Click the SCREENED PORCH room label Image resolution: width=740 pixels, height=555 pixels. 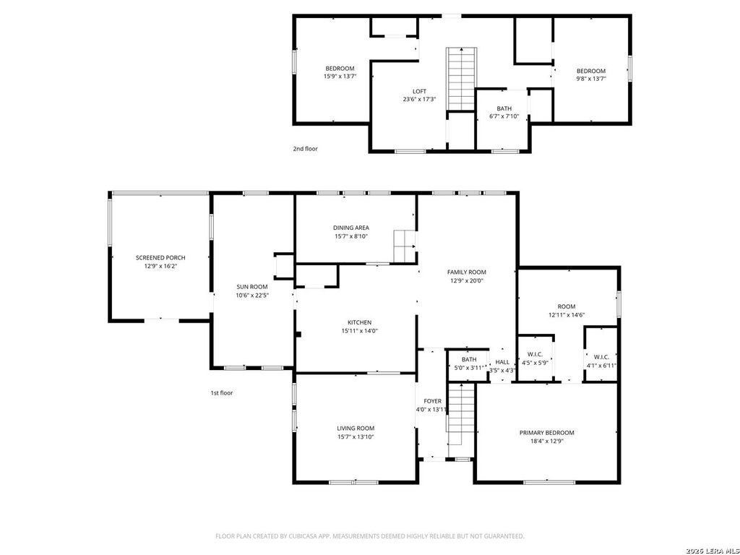160,258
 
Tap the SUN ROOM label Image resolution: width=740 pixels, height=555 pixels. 252,286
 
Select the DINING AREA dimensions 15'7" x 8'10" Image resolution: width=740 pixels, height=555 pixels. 351,236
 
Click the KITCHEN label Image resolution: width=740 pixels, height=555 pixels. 360,322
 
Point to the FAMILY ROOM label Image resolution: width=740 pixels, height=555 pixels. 467,272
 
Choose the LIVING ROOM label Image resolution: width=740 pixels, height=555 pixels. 356,428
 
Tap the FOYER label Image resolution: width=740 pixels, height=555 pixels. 433,401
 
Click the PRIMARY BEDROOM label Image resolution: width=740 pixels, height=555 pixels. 547,433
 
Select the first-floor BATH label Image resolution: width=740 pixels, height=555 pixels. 469,360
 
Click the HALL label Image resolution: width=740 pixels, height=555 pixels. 503,362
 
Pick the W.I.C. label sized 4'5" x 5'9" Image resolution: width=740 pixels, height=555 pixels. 535,354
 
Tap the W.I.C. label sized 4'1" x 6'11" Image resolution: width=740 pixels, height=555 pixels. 602,357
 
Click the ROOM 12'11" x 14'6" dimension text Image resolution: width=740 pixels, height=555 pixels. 567,315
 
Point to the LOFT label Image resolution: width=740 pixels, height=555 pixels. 420,91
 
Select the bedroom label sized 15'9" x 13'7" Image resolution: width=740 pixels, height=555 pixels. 340,69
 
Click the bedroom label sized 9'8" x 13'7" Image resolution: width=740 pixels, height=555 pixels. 591,72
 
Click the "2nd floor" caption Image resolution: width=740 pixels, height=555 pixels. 306,149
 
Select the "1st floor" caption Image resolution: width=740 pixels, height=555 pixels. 222,392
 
